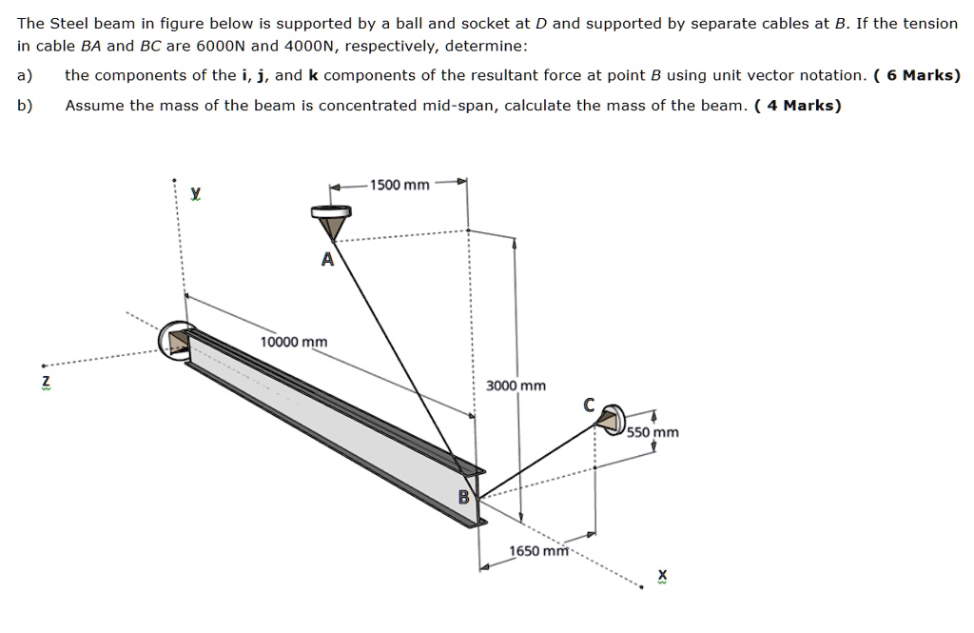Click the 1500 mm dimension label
click(399, 185)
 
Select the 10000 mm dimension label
click(294, 342)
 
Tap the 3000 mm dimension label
click(516, 386)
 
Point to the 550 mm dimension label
click(653, 432)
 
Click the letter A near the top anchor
click(327, 261)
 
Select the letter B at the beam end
click(464, 496)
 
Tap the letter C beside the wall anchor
click(590, 406)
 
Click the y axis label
click(195, 193)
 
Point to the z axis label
click(43, 382)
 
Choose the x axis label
click(662, 576)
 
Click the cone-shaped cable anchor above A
click(331, 225)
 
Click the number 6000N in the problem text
click(222, 46)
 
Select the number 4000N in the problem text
click(306, 46)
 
